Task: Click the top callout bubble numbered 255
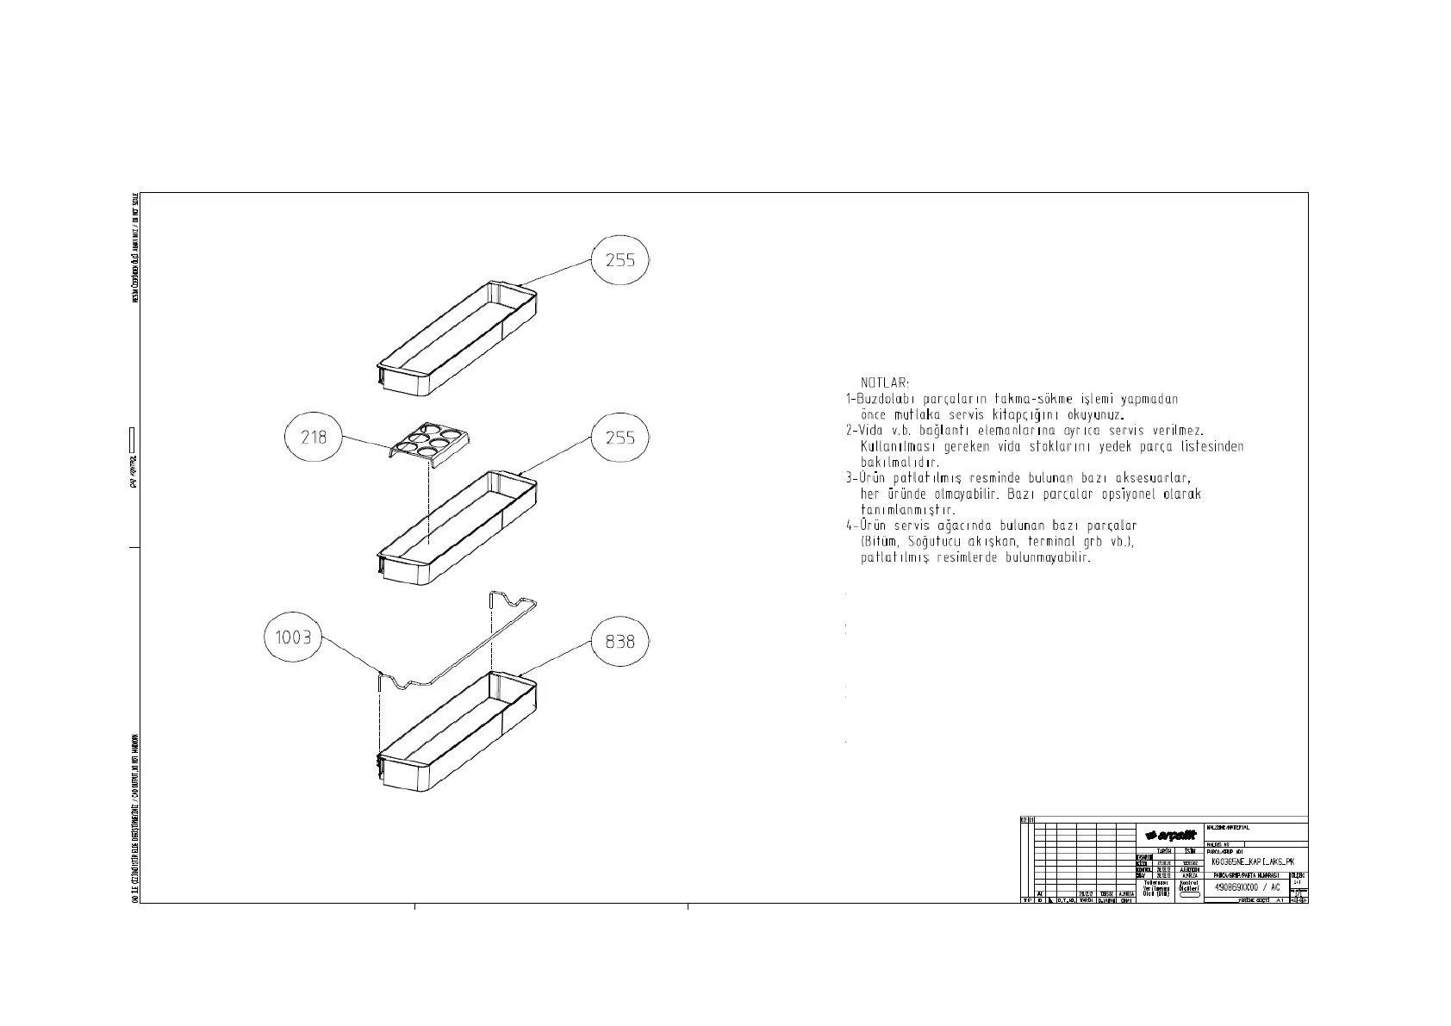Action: [x=620, y=259]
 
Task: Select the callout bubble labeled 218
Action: [x=314, y=437]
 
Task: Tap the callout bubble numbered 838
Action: [x=620, y=641]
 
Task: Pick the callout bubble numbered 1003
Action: [x=292, y=638]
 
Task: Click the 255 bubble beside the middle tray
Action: [x=620, y=438]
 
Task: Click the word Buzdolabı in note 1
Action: [x=885, y=399]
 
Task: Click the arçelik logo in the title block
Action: [x=1171, y=836]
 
